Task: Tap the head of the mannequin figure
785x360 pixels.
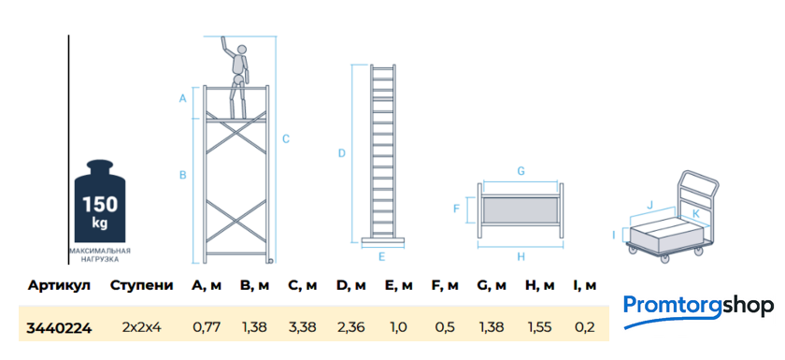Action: pos(242,50)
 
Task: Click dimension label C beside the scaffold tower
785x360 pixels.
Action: pos(286,138)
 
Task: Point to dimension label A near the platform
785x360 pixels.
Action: pos(183,98)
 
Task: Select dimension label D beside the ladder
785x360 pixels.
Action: pos(342,153)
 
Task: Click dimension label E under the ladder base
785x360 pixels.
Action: pos(381,257)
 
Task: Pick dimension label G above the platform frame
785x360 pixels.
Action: pos(521,171)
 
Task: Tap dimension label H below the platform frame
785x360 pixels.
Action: pos(521,257)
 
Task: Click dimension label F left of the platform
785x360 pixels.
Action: pos(456,209)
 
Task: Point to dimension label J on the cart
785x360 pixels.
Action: pos(649,204)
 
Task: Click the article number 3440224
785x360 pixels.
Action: pos(59,328)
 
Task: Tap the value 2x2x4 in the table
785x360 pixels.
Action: pos(142,328)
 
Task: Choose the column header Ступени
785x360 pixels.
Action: pos(142,286)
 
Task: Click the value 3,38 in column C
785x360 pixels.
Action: pos(302,328)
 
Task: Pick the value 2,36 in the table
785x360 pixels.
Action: pos(350,328)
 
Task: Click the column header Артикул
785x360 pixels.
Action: pos(59,286)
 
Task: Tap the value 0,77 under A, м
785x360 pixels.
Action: pos(207,328)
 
